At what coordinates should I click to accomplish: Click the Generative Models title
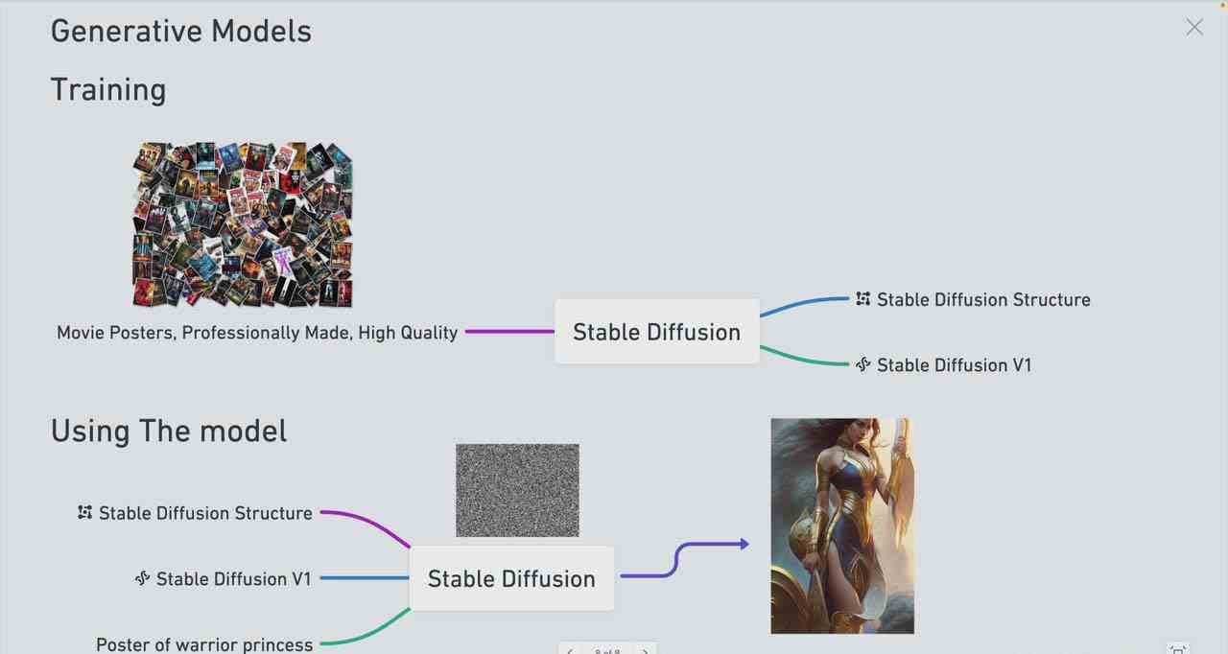point(180,32)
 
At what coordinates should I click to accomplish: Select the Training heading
point(108,90)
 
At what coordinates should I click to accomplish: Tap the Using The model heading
point(169,431)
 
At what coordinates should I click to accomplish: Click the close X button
point(1193,28)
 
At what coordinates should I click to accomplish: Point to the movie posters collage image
point(243,224)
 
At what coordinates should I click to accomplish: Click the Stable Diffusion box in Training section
point(656,332)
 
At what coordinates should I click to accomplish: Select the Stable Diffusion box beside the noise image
point(511,578)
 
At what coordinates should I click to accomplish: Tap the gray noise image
point(517,490)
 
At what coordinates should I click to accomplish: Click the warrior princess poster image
point(842,526)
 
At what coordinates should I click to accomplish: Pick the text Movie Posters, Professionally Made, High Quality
point(257,333)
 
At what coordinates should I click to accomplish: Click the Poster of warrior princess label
point(204,644)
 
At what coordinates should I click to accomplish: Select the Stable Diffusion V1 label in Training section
point(954,365)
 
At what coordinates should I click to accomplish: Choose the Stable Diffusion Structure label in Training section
point(983,300)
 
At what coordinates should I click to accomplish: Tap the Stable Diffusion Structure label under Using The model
point(205,513)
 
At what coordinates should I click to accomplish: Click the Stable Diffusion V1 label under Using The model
point(233,579)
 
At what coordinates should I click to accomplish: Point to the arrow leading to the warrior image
point(686,556)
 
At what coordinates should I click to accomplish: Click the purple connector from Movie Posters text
point(509,332)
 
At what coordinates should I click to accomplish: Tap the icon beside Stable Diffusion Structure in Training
point(862,299)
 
